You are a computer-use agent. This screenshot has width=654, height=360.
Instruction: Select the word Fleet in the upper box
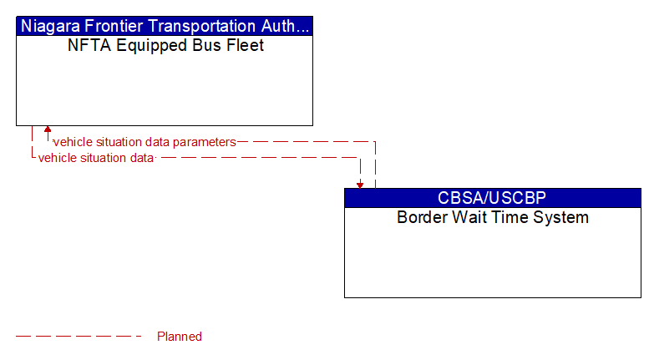(x=246, y=46)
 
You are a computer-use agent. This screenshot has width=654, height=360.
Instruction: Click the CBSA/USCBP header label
(x=492, y=198)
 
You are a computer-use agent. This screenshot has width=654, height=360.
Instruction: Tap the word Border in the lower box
(x=423, y=218)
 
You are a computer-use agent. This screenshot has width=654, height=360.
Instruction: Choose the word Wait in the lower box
(x=470, y=218)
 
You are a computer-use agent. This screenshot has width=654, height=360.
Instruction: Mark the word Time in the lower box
(x=510, y=218)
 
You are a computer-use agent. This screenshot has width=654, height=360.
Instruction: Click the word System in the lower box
(x=561, y=218)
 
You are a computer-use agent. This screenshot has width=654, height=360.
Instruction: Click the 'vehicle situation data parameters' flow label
(x=144, y=142)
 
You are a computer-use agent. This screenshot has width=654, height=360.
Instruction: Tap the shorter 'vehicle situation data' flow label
(x=96, y=157)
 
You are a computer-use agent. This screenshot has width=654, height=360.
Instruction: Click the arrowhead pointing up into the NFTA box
(x=48, y=130)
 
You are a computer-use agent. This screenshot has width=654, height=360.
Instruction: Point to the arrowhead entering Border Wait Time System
(x=360, y=184)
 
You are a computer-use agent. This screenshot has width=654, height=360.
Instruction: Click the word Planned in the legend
(x=180, y=337)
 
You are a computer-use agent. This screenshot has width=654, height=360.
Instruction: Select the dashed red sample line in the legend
(x=79, y=337)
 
